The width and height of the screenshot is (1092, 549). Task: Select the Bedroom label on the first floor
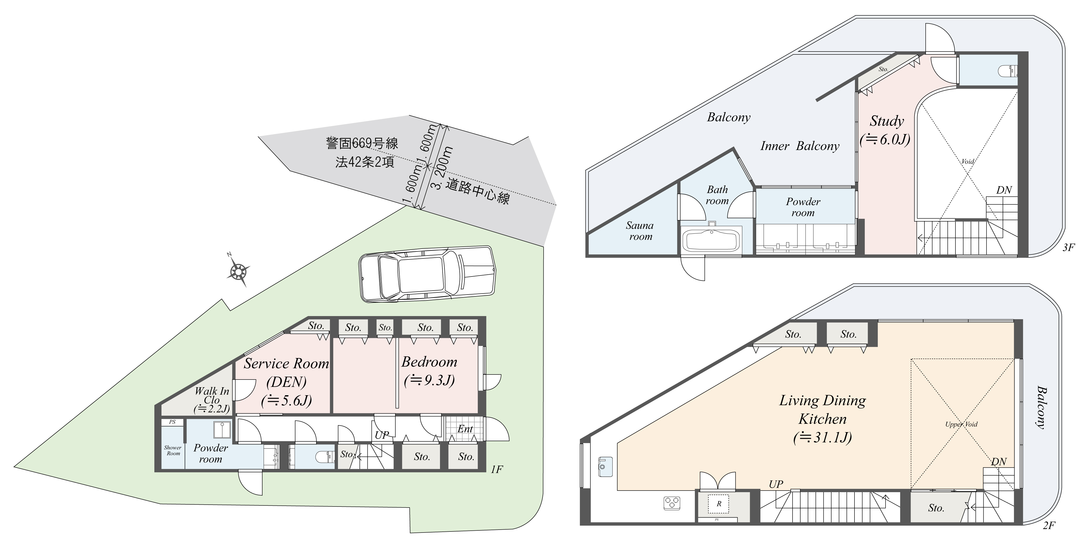429,371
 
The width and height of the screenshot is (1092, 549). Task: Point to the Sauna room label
640,231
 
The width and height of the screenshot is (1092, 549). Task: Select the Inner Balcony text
799,146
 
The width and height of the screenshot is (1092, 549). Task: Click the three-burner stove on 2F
671,503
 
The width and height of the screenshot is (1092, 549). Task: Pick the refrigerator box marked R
719,504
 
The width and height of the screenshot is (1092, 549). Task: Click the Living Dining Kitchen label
822,419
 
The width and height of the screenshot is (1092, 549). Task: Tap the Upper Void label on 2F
961,424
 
